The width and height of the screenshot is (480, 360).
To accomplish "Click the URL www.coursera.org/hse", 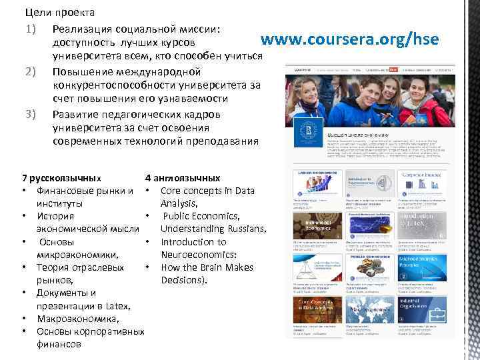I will click(349, 40).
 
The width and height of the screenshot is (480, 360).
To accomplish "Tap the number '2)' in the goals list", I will click(30, 71).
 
